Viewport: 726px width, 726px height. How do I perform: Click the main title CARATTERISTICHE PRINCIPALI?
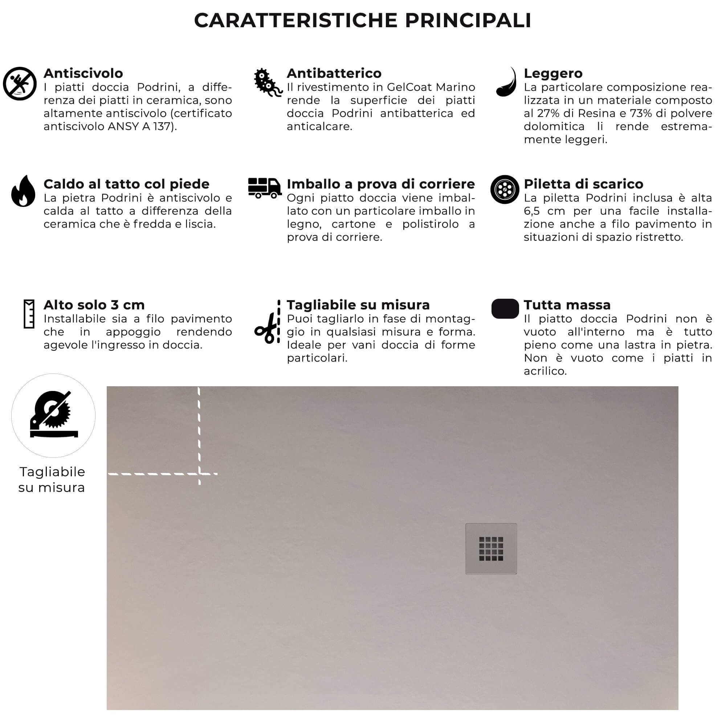(x=363, y=20)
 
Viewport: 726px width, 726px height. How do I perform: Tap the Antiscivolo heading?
(x=83, y=73)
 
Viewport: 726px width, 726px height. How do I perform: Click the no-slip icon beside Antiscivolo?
(x=20, y=84)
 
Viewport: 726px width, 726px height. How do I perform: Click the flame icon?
(x=23, y=191)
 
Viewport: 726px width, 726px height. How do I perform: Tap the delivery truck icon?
(x=265, y=188)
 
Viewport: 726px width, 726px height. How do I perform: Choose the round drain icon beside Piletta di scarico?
(x=505, y=189)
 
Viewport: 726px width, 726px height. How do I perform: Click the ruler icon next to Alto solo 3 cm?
(x=29, y=314)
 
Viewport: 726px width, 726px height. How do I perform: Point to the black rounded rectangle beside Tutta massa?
(x=505, y=309)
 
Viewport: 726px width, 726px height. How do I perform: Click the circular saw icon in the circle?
(x=53, y=415)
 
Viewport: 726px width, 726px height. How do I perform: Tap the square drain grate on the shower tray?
(x=491, y=548)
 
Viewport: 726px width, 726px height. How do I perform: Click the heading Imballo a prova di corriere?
(x=381, y=184)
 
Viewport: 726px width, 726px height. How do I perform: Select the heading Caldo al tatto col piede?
(x=126, y=184)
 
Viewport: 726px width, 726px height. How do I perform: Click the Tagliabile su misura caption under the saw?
(x=52, y=480)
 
